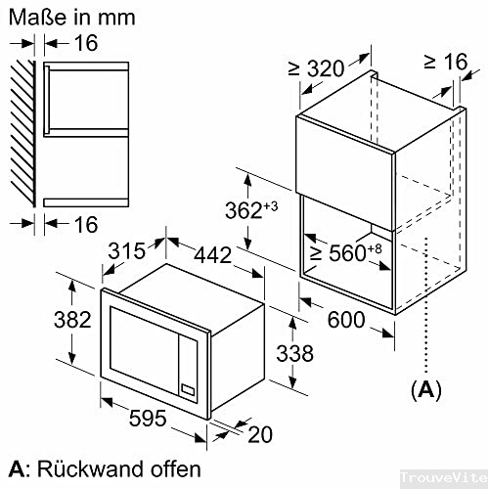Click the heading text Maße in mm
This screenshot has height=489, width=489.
(68, 17)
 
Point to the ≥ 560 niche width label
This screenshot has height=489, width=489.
(342, 253)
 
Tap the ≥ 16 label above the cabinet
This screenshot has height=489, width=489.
(445, 63)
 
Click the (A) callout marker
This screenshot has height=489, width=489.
(424, 389)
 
